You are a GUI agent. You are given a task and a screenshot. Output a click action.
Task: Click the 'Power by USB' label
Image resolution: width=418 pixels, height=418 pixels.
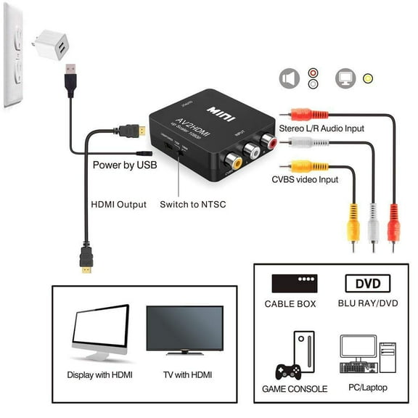click(124, 165)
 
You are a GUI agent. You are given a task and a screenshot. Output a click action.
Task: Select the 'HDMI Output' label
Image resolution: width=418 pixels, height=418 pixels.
click(118, 205)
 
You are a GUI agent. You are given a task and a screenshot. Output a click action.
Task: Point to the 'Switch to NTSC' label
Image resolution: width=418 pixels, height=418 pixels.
click(193, 205)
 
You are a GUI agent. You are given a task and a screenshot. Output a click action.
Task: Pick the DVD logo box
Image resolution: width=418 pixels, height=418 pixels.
click(366, 283)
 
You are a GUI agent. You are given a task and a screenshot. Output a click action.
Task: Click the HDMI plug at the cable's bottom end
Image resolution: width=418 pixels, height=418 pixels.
click(86, 264)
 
